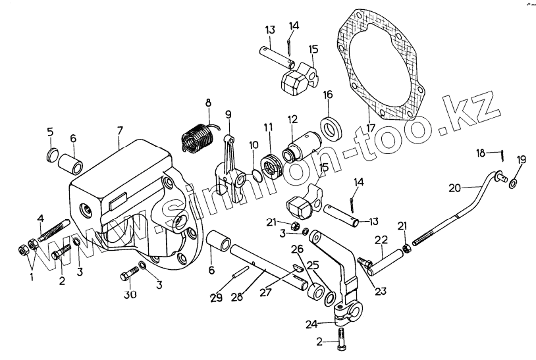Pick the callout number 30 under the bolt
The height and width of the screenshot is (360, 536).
[x=130, y=295]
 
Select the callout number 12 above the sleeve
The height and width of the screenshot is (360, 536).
[x=292, y=119]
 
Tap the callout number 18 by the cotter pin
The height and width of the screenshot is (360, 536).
[x=481, y=153]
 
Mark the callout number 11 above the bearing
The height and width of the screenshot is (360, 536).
[x=268, y=126]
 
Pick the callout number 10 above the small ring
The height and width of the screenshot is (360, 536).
[x=254, y=144]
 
